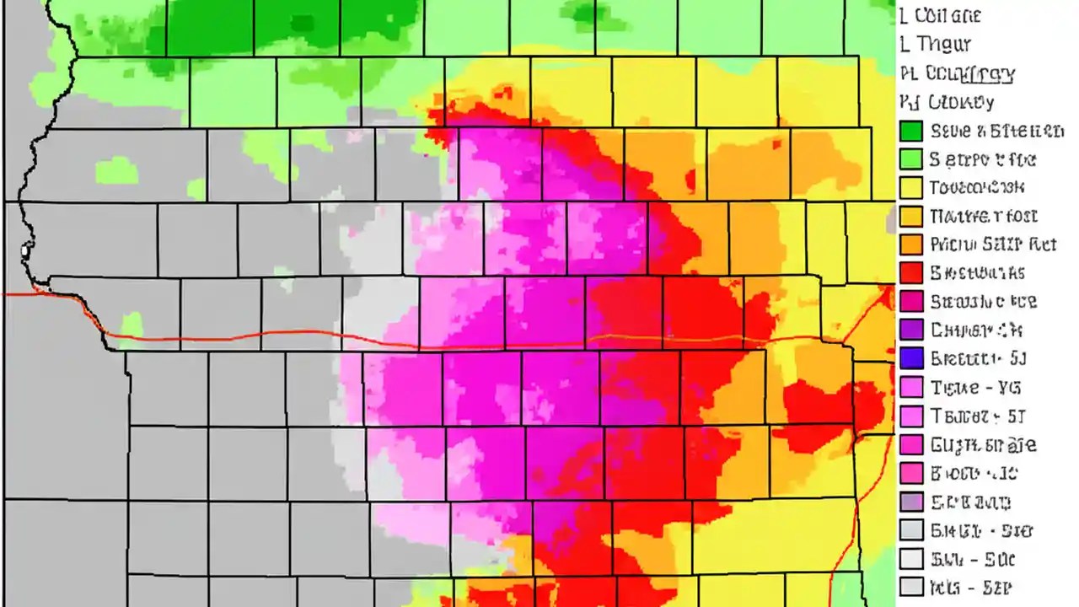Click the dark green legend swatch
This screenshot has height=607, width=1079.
[911, 131]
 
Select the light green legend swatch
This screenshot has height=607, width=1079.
[911, 159]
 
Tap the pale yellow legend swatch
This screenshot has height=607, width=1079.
[911, 187]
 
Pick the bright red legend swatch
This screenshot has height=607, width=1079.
[911, 273]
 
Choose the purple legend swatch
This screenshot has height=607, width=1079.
[911, 330]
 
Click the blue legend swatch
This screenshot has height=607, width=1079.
[911, 358]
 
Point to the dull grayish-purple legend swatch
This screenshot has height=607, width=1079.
[911, 502]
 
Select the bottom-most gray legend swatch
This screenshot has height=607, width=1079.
[911, 587]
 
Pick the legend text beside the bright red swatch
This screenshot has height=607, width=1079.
[977, 273]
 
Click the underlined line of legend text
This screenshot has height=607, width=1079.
[969, 74]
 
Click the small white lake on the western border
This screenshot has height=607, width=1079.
[25, 250]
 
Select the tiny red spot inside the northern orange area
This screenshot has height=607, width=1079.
[690, 180]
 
